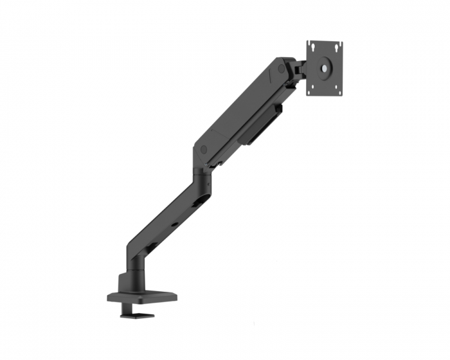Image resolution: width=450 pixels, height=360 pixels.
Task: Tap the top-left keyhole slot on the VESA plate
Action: click(x=312, y=47)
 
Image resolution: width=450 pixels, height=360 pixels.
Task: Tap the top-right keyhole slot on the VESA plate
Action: click(x=337, y=47)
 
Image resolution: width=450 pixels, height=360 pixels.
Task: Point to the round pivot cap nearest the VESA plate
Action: click(x=282, y=66)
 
